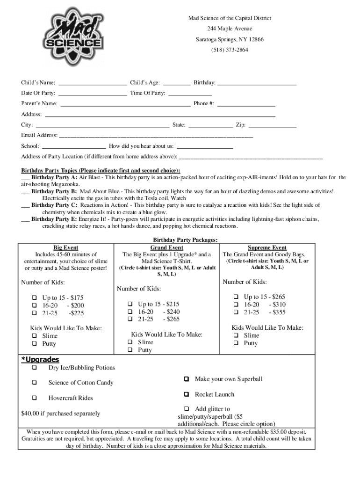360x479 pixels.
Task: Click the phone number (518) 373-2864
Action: (229, 50)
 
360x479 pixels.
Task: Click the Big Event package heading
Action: (65, 247)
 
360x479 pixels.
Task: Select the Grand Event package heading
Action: (166, 247)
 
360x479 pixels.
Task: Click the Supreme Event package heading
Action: (267, 247)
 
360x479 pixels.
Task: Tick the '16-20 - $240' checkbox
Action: (130, 312)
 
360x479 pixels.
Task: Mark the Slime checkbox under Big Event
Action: (34, 336)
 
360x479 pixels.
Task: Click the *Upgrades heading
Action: (40, 360)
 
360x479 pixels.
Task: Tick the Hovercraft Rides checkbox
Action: (34, 398)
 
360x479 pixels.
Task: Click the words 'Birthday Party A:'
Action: (54, 178)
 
